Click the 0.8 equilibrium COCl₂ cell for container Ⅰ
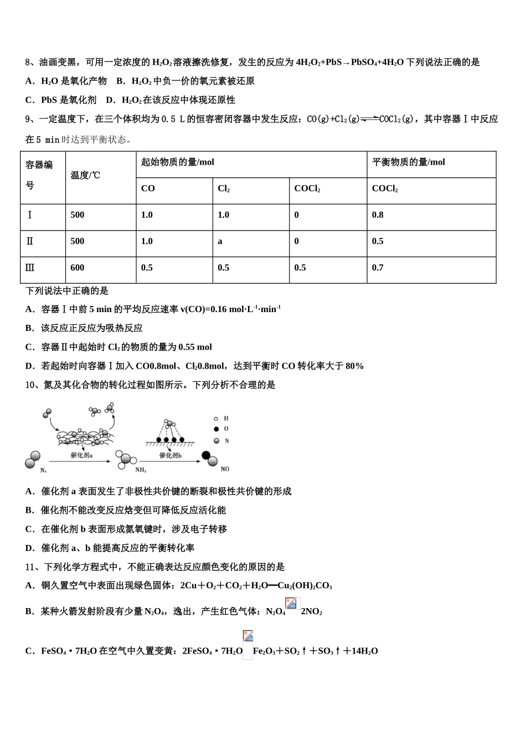378,215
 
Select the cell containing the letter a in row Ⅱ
220,242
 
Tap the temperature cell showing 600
78,268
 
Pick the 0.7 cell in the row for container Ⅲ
378,268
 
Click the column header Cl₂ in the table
224,189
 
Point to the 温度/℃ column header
85,175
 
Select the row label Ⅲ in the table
30,268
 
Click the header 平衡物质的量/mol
408,162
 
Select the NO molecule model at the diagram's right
209,458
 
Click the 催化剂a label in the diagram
81,455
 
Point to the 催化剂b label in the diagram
171,455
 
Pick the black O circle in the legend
216,429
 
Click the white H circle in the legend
216,419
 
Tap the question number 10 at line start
30,385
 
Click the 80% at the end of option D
354,366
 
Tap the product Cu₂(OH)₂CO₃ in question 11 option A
305,586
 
